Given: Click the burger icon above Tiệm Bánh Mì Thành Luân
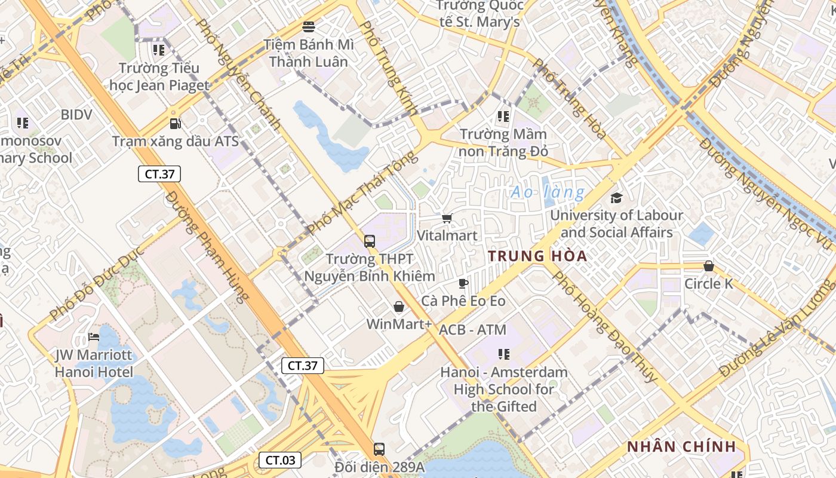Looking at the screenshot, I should pos(309,26).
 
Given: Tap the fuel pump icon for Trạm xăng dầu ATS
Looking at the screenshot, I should pos(175,124).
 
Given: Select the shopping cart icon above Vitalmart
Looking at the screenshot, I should pos(447,219).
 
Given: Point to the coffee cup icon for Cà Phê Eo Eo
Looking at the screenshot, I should pos(463,283).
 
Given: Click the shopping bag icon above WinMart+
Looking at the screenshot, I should pos(399,307).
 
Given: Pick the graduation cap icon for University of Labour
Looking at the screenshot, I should pos(616,198).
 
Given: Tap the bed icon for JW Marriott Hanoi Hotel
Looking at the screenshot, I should pos(94,337).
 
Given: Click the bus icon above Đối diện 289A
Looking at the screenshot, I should pos(379,449).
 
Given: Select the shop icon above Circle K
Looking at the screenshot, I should pos(709,266).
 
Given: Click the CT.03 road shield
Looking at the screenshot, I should pos(279,460).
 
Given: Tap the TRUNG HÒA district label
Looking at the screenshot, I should pos(537,256).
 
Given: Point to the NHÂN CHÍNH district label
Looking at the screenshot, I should pos(681,447).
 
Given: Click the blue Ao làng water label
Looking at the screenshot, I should pos(548,192).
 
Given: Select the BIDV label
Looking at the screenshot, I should pos(76,114).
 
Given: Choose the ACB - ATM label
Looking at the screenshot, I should pos(472,330).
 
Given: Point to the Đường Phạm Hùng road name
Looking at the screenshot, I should pos(207,246).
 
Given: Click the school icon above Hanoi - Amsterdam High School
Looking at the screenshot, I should pos(504,354).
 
